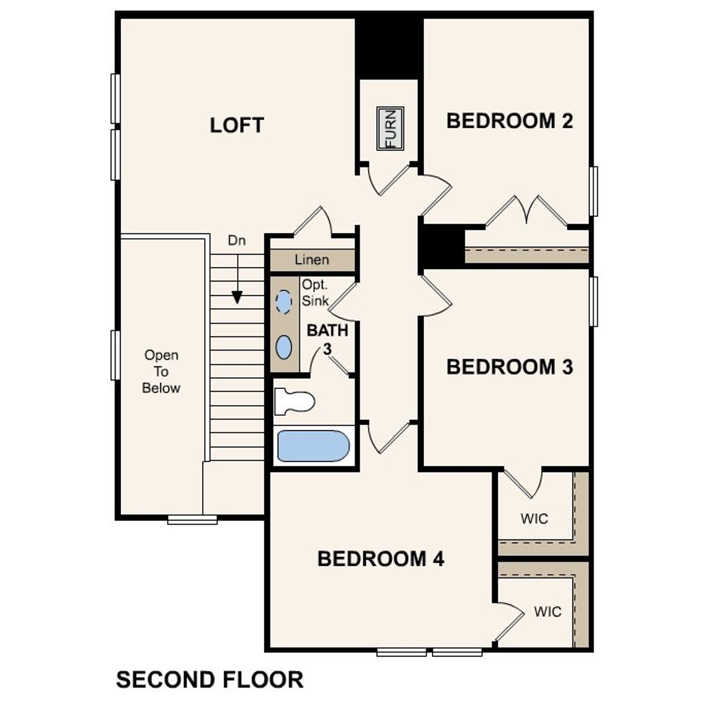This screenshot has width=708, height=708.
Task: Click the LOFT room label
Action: pos(237,125)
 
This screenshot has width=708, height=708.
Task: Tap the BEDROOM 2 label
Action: pos(509,121)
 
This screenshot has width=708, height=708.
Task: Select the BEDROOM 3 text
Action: pos(509,367)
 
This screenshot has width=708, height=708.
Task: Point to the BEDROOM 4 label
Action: pos(381,559)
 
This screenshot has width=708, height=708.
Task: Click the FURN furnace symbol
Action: pos(390,128)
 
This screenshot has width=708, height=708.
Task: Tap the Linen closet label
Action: pos(312,259)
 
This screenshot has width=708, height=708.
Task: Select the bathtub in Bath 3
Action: pos(313,446)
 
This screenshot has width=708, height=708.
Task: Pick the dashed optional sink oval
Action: pos(284,302)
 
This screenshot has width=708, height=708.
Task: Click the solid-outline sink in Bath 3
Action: pos(284,347)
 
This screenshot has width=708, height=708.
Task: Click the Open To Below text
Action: pos(161,371)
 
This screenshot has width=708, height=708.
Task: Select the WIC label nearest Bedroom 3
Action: pos(534,518)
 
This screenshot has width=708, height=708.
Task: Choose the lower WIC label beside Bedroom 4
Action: pos(548,611)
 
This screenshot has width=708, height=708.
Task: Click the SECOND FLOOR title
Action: pos(210,679)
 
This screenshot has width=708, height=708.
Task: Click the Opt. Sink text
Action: pos(315,293)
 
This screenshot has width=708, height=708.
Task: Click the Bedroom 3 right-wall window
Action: pos(594,301)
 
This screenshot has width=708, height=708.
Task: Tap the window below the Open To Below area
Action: pos(192,519)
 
